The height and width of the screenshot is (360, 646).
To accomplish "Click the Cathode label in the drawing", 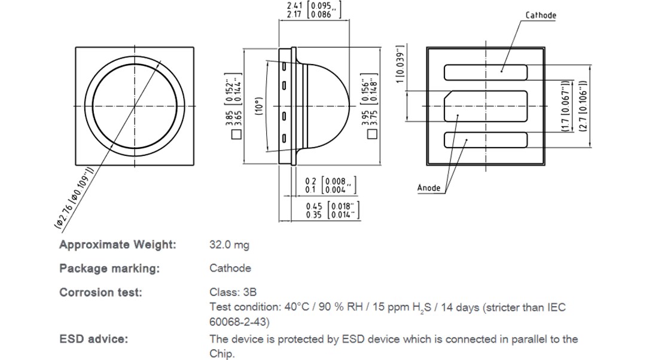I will pyautogui.click(x=541, y=15).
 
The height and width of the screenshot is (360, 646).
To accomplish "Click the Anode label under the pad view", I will pyautogui.click(x=429, y=188).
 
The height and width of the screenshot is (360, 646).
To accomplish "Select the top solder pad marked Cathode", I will pyautogui.click(x=485, y=72).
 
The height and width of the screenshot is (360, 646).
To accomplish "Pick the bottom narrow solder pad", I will pyautogui.click(x=485, y=141).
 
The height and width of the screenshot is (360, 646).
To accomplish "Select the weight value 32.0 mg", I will pyautogui.click(x=229, y=245).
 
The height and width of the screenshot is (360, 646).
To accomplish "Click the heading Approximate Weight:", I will pyautogui.click(x=118, y=245).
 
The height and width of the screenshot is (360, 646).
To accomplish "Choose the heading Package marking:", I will pyautogui.click(x=109, y=269).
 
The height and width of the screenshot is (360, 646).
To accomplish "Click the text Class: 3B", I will pyautogui.click(x=233, y=292).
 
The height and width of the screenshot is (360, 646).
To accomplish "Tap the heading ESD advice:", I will pyautogui.click(x=93, y=339).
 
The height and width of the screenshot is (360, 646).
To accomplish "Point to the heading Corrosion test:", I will pyautogui.click(x=101, y=292).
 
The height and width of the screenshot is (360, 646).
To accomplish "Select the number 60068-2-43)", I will pyautogui.click(x=239, y=322).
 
